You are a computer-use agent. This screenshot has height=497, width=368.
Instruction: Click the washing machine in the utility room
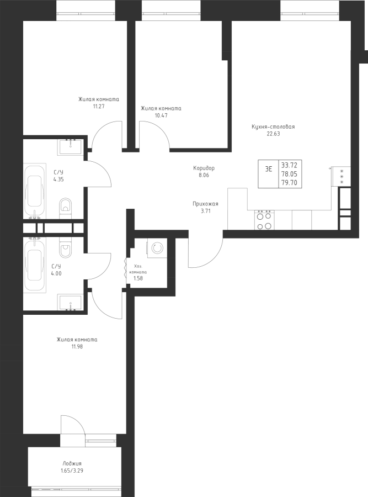[155, 248]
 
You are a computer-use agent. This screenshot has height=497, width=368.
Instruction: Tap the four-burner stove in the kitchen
[263, 220]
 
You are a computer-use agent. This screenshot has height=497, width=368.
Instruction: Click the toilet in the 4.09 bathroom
[64, 247]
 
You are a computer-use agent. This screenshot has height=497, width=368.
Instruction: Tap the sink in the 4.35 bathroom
[70, 146]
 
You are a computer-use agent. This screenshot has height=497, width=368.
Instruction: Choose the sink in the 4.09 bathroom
[70, 303]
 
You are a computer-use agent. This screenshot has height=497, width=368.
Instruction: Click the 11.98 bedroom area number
[77, 346]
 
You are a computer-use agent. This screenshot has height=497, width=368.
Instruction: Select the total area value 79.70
[288, 182]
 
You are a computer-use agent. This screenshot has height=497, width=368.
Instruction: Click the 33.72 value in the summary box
[288, 165]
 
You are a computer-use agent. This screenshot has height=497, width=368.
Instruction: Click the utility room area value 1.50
[138, 278]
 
